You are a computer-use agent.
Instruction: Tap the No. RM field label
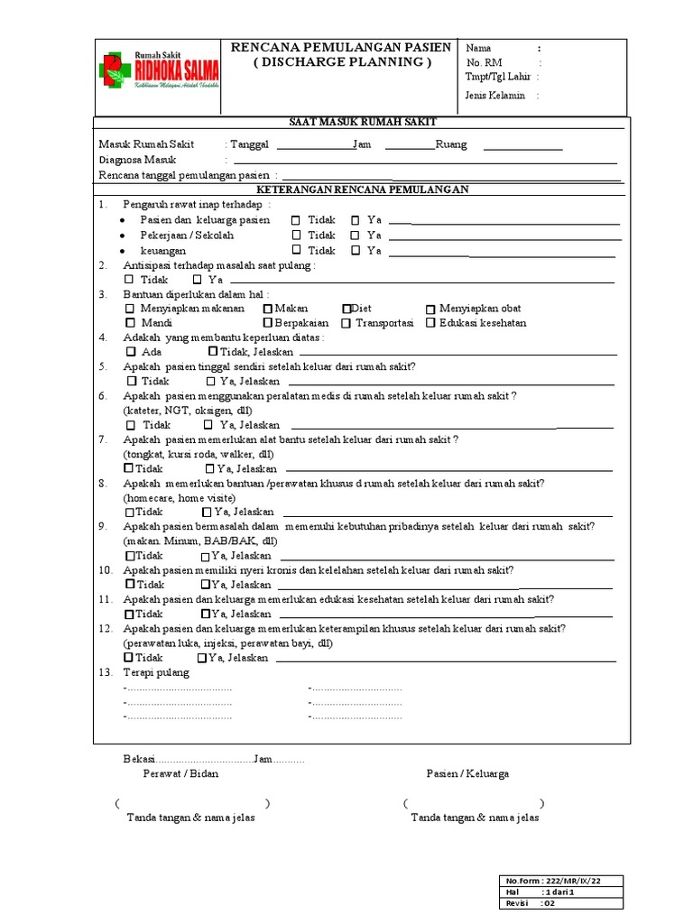485,63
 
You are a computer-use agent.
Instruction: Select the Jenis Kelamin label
494,95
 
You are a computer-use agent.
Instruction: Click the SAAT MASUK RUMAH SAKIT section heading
363,122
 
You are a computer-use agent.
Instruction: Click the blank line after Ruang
523,145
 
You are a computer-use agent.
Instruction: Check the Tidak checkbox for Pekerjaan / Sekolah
296,236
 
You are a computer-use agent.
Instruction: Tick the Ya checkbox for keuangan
356,251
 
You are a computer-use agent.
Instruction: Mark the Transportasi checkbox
346,323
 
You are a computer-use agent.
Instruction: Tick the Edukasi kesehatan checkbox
431,323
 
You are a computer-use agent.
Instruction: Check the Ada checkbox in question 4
131,352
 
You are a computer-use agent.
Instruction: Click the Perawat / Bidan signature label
180,774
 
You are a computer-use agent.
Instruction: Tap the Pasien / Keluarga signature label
467,774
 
